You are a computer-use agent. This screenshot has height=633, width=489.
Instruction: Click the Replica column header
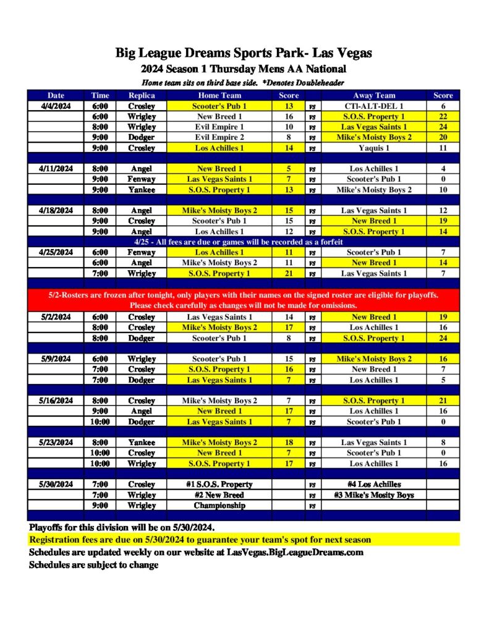tap(142, 96)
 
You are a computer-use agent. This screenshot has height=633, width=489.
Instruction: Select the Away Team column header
tap(374, 96)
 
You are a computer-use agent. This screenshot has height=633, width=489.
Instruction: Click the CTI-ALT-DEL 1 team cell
tap(374, 106)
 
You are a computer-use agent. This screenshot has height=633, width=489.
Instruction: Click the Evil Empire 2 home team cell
tap(220, 137)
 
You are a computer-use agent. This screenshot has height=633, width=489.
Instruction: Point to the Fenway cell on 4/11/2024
tap(142, 179)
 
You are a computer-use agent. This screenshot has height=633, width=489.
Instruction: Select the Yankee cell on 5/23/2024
tap(142, 443)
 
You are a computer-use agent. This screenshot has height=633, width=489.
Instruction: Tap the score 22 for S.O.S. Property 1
tap(443, 116)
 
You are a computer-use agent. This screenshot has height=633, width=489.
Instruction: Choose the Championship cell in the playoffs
tap(219, 506)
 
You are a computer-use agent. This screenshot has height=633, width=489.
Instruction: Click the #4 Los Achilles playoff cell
tap(374, 485)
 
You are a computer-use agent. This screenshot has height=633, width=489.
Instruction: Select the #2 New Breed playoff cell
tap(219, 495)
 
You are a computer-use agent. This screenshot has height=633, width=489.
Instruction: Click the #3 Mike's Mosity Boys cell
tap(374, 495)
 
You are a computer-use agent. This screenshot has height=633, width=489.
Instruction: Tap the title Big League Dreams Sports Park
tap(244, 53)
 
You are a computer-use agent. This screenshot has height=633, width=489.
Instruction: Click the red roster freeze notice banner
tap(244, 300)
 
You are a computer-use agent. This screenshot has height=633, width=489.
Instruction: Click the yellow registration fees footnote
tap(200, 540)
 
